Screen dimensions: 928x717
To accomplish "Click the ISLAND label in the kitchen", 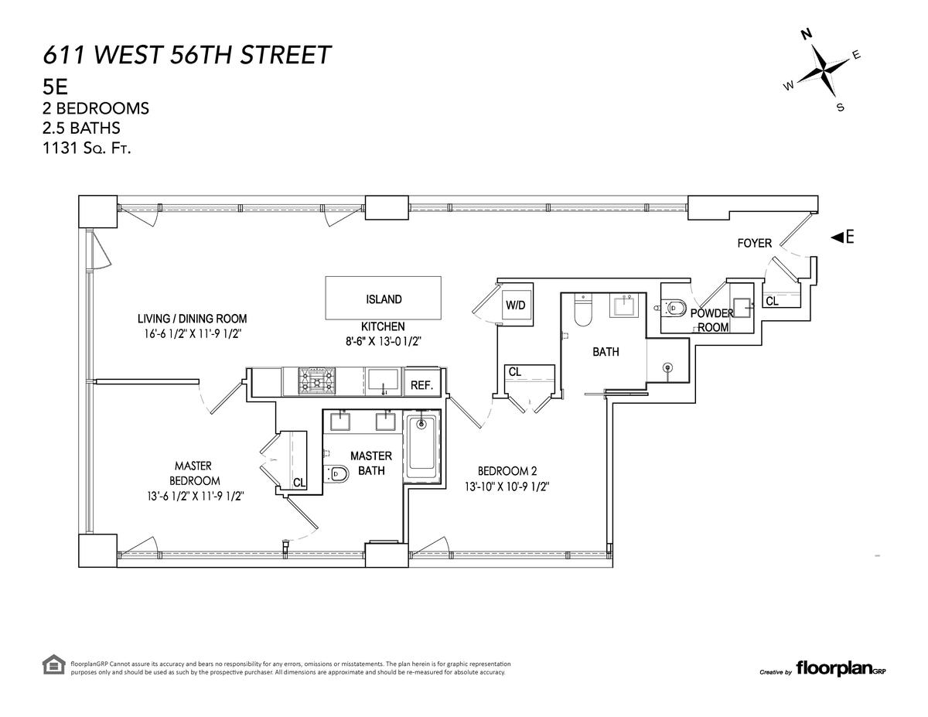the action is [x=383, y=299].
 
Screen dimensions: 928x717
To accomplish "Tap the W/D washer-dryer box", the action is [x=516, y=305].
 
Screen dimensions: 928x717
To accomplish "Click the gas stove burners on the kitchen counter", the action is [x=316, y=381].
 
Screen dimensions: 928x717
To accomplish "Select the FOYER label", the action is [x=754, y=243].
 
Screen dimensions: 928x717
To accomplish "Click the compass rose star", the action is [x=823, y=70].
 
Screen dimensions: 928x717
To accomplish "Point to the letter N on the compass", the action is [x=807, y=34].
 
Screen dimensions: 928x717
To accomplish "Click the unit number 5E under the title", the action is [x=55, y=87].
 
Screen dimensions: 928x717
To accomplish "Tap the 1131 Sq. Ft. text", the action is [x=87, y=149].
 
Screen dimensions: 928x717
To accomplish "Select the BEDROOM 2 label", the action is [x=507, y=471].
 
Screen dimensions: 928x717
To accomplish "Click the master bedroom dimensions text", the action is [x=195, y=497].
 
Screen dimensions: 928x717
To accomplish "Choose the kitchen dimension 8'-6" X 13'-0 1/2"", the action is [x=383, y=342].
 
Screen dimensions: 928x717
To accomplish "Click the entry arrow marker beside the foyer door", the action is [x=837, y=237].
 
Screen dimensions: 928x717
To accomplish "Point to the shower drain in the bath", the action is [x=667, y=367].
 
